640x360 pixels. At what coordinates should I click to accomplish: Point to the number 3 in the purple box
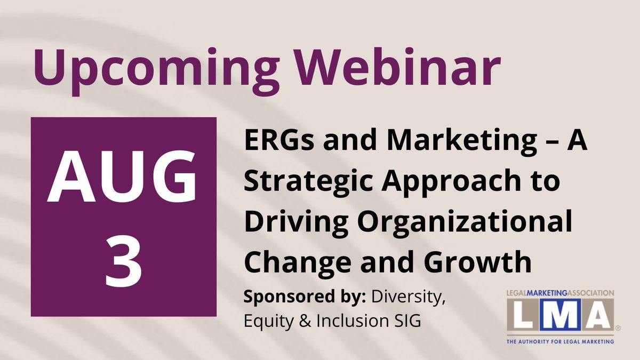coord(124,262)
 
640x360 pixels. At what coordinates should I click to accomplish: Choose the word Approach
coord(451,183)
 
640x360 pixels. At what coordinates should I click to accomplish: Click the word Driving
coord(296,223)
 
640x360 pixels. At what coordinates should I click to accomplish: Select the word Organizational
coord(465,223)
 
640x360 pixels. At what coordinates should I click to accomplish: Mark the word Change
coord(298,263)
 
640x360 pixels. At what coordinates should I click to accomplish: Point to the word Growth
coord(477,262)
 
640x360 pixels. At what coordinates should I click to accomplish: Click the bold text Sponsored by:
coord(305,297)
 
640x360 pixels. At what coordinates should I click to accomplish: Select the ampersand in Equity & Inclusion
coord(305,321)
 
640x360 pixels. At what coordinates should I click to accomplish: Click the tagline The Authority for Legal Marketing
coord(561,341)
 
